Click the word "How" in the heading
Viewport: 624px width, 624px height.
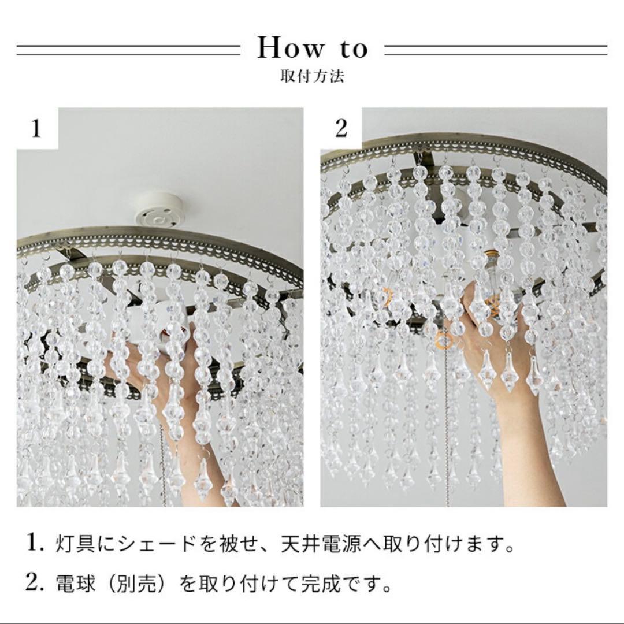(291, 49)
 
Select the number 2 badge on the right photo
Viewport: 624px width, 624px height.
(341, 129)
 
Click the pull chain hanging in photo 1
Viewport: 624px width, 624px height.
(163, 456)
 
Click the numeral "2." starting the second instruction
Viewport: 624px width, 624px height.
(36, 584)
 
